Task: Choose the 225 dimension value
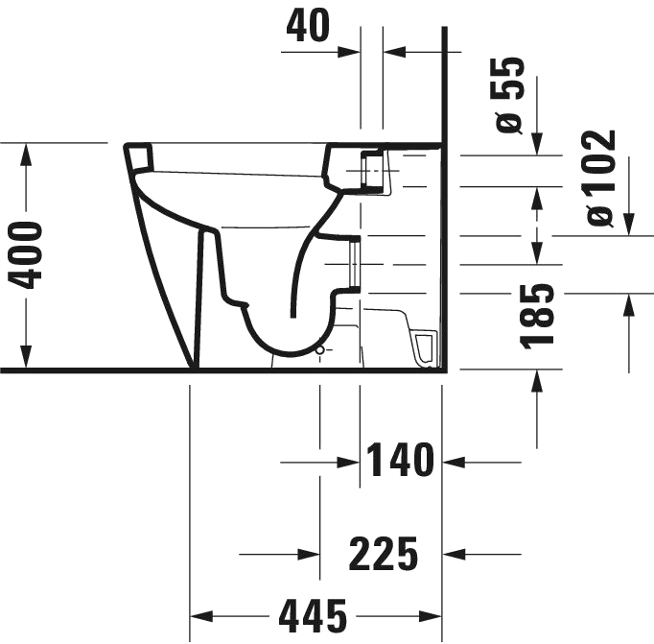tap(381, 554)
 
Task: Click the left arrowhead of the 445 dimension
tap(201, 614)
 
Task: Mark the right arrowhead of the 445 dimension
tap(429, 614)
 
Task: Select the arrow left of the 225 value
tap(305, 554)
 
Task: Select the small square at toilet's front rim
tap(141, 155)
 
